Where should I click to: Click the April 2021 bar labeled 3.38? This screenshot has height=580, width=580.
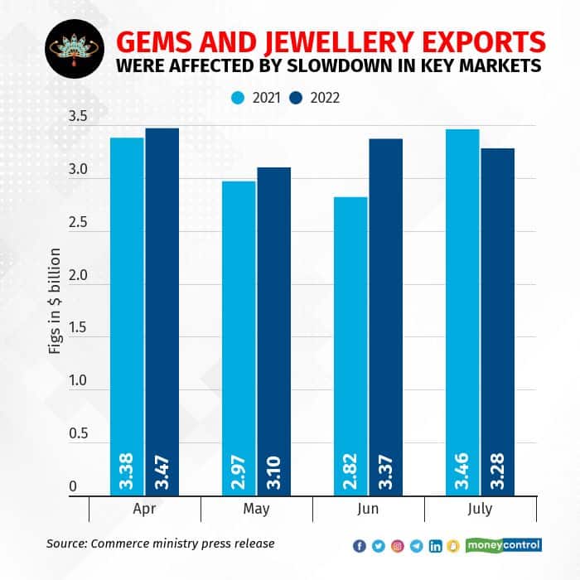pos(128,315)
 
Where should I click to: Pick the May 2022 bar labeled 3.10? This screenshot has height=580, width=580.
pos(273,331)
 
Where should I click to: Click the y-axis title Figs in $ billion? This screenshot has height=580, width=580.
pos(55,307)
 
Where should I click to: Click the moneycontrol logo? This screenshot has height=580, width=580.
pos(504,544)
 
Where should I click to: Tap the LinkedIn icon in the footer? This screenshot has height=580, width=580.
pos(436,545)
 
